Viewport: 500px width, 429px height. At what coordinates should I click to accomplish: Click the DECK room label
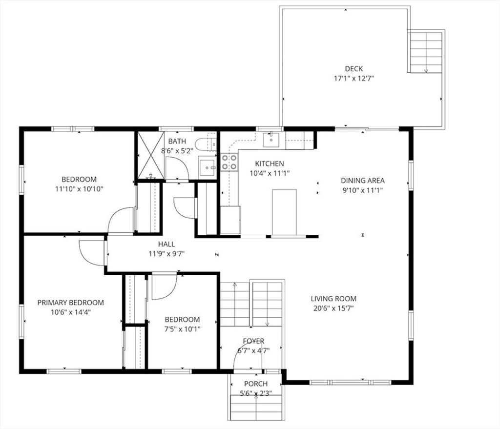click(x=354, y=68)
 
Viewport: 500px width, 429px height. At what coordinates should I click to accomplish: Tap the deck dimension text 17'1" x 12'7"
click(x=354, y=79)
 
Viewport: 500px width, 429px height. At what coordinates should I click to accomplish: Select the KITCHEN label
click(x=269, y=163)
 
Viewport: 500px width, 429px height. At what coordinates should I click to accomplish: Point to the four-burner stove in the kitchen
click(x=229, y=162)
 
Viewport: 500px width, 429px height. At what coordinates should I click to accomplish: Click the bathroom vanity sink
click(x=207, y=167)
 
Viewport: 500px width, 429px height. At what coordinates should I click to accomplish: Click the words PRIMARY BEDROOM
click(x=70, y=303)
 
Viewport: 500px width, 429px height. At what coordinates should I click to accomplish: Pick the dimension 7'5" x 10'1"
click(x=182, y=329)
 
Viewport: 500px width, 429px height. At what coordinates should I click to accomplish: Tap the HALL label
click(x=167, y=244)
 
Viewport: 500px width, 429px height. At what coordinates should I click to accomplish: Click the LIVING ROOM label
click(x=333, y=299)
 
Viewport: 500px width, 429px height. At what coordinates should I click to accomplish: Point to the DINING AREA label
click(x=363, y=181)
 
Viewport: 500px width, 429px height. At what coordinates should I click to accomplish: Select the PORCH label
click(x=256, y=384)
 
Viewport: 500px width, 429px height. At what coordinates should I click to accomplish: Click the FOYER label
click(x=253, y=341)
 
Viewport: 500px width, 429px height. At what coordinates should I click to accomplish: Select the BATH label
click(x=177, y=141)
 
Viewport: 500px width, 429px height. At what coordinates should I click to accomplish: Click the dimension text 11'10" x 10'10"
click(x=79, y=189)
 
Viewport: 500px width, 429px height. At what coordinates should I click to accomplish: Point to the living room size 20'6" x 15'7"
click(x=333, y=308)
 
